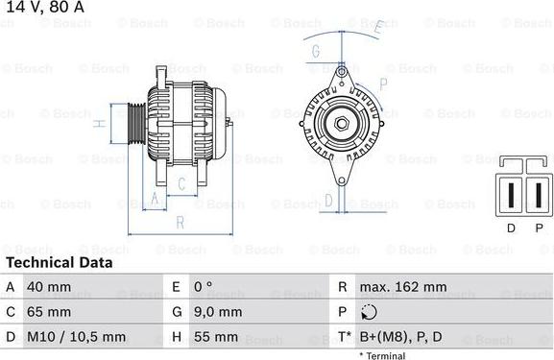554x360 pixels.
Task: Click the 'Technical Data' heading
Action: point(54,263)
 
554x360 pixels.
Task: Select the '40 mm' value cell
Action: point(49,287)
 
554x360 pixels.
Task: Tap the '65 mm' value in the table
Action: point(49,312)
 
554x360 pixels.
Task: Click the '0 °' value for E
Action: point(204,287)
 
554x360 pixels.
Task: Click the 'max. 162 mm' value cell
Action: point(402,287)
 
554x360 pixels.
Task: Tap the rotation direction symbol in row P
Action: point(370,312)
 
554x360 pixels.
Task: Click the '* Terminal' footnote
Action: point(382,355)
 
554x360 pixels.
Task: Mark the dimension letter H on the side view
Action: point(99,124)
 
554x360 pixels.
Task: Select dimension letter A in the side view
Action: point(154,200)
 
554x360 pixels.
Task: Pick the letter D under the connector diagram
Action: point(510,228)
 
